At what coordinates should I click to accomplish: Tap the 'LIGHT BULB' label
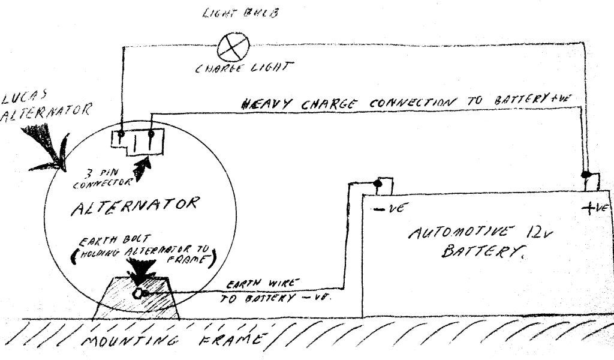pos(239,11)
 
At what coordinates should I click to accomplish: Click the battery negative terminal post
pos(378,183)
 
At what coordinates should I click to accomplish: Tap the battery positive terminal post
pos(587,177)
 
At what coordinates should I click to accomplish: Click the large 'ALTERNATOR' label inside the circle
pos(134,206)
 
